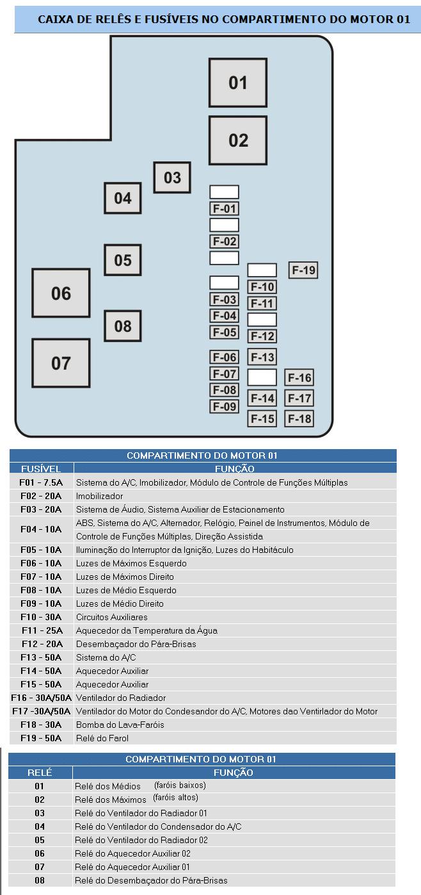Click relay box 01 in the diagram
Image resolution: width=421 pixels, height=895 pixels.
tap(237, 83)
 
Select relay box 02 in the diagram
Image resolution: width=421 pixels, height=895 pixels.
tap(237, 140)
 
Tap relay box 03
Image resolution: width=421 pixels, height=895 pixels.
tap(172, 177)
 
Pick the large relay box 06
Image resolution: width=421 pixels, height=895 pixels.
tap(61, 293)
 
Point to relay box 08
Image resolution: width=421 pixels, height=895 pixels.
tap(122, 325)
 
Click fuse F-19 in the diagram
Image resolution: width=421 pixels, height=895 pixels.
tap(303, 270)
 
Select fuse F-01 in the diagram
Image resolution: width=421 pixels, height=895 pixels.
tap(225, 208)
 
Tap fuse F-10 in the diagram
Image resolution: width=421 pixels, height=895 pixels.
tap(262, 287)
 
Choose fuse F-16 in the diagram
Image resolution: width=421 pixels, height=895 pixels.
tap(299, 378)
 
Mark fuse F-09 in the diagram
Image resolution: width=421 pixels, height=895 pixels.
tap(225, 406)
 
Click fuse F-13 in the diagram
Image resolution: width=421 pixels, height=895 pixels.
tap(262, 357)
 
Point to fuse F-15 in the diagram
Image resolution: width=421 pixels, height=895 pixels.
tap(262, 419)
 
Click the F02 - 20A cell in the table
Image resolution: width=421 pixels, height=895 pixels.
tap(41, 496)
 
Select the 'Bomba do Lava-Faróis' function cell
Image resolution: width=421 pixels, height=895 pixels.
tap(120, 725)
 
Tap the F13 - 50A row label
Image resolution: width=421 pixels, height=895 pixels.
tap(41, 657)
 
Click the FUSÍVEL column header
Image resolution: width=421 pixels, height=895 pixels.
tap(41, 469)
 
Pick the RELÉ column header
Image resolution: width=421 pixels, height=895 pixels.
tap(40, 773)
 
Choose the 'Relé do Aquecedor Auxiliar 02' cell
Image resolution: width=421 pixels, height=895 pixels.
tap(132, 853)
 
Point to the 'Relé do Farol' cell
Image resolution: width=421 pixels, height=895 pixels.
tap(102, 738)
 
